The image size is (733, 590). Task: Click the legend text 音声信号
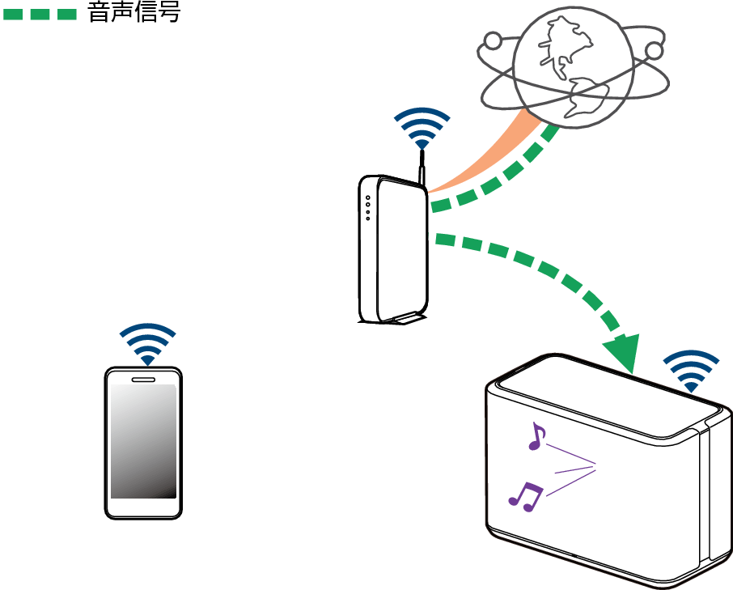point(134,11)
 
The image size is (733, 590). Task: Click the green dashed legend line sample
point(40,14)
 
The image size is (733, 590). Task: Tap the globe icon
point(573,67)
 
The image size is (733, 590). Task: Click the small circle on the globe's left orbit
point(492,40)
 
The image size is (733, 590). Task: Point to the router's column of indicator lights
point(368,208)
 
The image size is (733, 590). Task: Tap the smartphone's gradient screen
point(143,441)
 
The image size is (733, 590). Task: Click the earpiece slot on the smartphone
point(143,379)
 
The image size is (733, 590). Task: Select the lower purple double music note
point(525,496)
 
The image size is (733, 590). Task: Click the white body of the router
point(401,250)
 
